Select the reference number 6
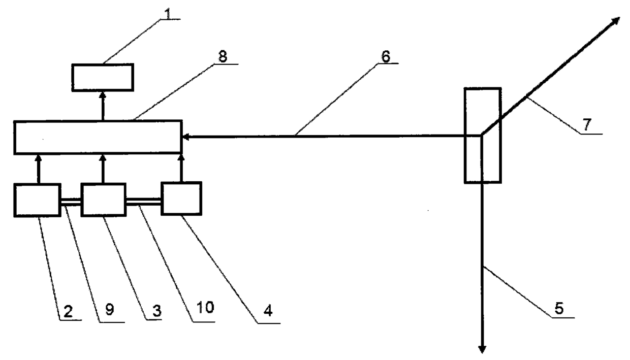click(385, 57)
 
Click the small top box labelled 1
click(102, 77)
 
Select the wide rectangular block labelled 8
click(98, 137)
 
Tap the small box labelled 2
click(38, 201)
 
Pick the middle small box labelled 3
click(103, 200)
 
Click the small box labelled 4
click(181, 199)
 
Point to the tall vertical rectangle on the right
click(482, 135)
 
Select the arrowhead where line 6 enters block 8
click(186, 136)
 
